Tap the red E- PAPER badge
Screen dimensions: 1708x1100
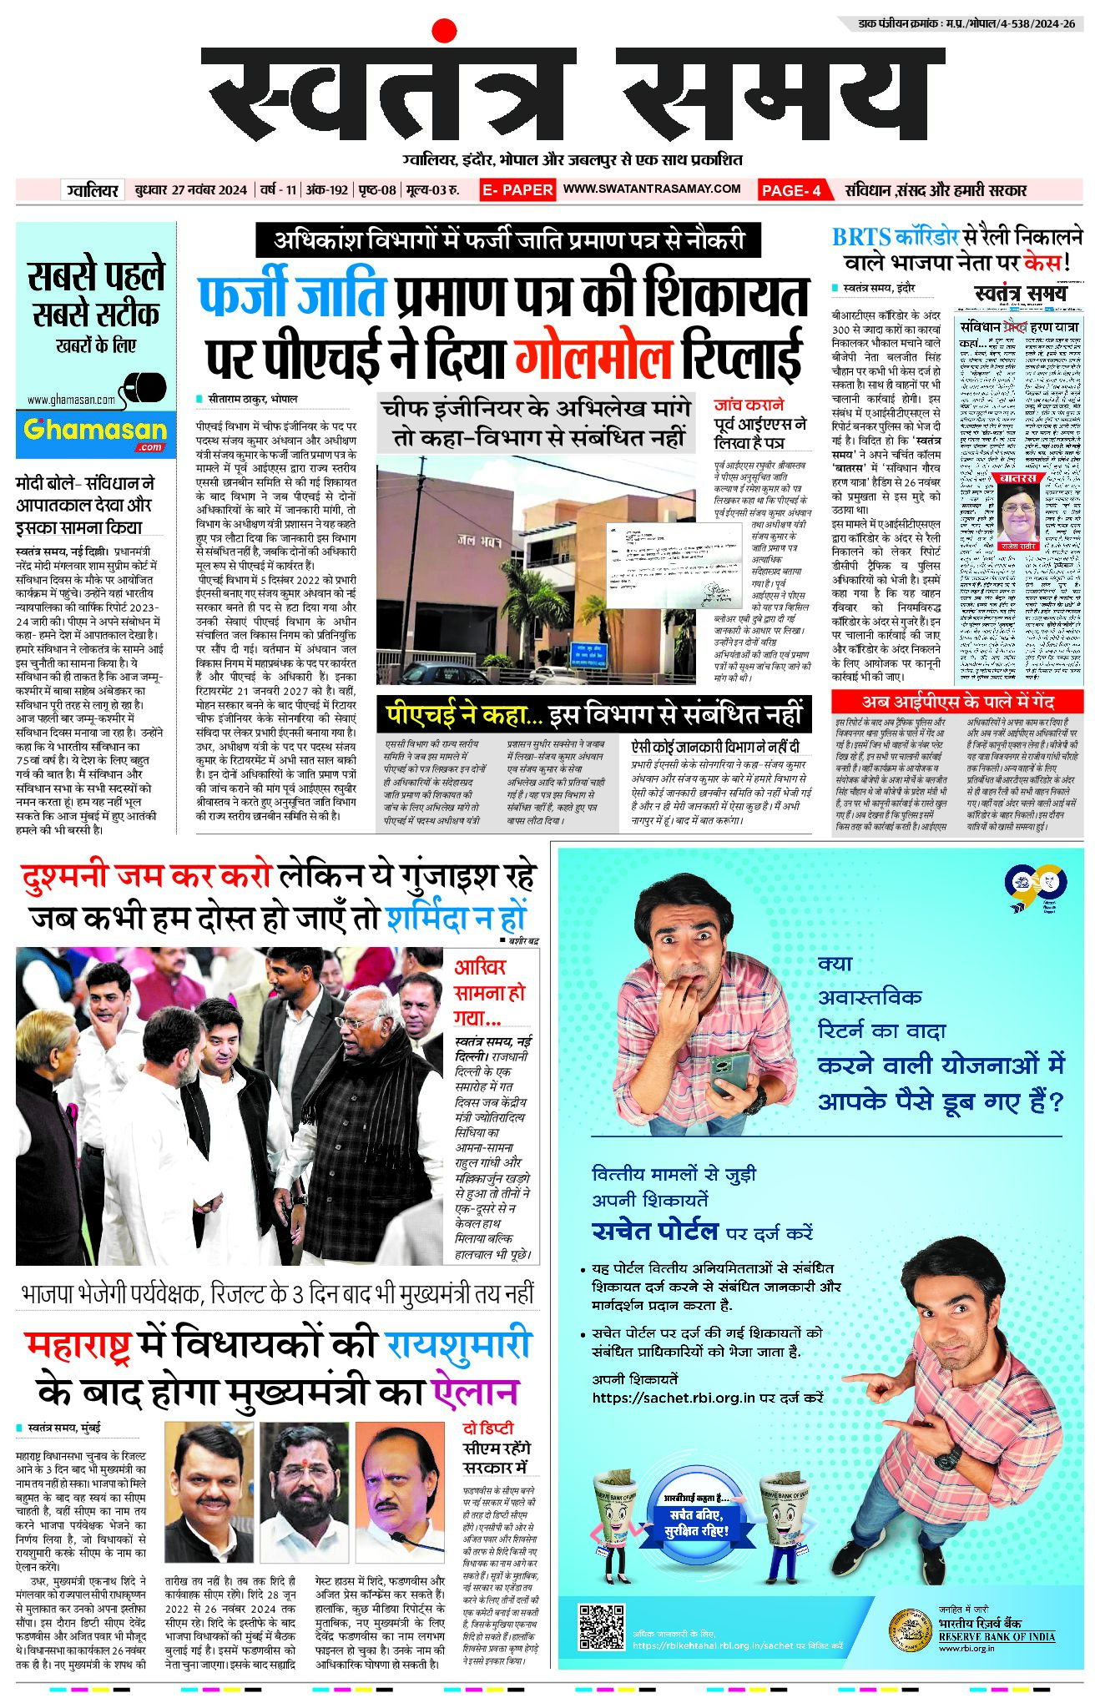tap(517, 190)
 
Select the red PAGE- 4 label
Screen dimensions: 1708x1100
tap(790, 190)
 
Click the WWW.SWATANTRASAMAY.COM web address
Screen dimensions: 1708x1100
tap(652, 189)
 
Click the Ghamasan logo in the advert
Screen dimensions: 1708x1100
tap(95, 432)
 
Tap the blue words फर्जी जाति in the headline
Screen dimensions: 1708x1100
tap(292, 296)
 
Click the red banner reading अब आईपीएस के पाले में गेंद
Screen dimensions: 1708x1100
tap(957, 702)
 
